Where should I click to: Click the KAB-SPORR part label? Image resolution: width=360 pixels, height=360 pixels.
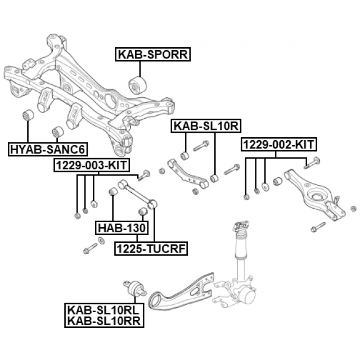click(x=154, y=55)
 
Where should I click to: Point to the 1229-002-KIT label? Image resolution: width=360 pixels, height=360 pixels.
click(x=279, y=145)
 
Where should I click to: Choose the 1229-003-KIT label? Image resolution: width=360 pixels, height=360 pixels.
click(x=91, y=165)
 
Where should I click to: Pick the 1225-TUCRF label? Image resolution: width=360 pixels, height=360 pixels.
click(x=151, y=248)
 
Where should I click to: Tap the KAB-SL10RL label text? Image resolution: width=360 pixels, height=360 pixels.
click(x=105, y=310)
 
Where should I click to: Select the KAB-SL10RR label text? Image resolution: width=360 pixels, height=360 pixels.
click(x=105, y=321)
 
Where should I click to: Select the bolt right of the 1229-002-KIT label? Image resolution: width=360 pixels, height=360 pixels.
click(x=312, y=164)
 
